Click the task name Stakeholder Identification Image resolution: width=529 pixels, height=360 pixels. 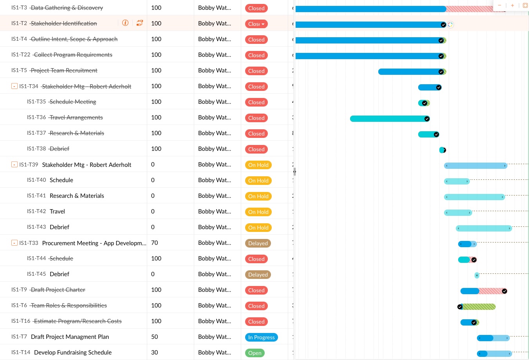coord(64,24)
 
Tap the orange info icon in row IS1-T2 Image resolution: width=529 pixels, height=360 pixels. coord(125,23)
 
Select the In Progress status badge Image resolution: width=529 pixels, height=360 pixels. coord(261,337)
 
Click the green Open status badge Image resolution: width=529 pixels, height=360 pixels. coord(255,353)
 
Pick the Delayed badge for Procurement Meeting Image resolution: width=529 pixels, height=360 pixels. coord(258,243)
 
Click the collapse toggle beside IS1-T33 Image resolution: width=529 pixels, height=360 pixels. coord(14,243)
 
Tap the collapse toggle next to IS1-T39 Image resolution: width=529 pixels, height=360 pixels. coord(14,165)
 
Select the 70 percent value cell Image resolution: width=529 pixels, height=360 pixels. coord(155,243)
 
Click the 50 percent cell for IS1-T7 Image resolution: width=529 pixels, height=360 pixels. coord(155,337)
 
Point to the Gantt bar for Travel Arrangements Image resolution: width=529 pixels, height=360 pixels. coord(388,119)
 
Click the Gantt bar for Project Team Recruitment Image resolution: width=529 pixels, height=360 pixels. coord(409,72)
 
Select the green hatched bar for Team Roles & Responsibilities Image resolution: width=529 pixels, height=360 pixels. coord(479,307)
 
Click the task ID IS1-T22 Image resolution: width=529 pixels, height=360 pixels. coord(21,55)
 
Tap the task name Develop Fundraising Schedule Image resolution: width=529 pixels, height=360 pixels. coord(73,353)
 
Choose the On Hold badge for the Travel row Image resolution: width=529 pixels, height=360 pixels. coord(258,212)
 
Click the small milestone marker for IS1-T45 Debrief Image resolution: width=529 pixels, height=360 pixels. coord(477,275)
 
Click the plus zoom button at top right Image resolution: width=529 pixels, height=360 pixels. coord(512,5)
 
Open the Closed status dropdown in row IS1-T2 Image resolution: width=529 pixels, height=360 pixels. coord(263,24)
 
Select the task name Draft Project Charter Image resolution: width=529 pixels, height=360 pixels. coord(58,290)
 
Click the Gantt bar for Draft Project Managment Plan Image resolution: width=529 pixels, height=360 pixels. coord(493,338)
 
